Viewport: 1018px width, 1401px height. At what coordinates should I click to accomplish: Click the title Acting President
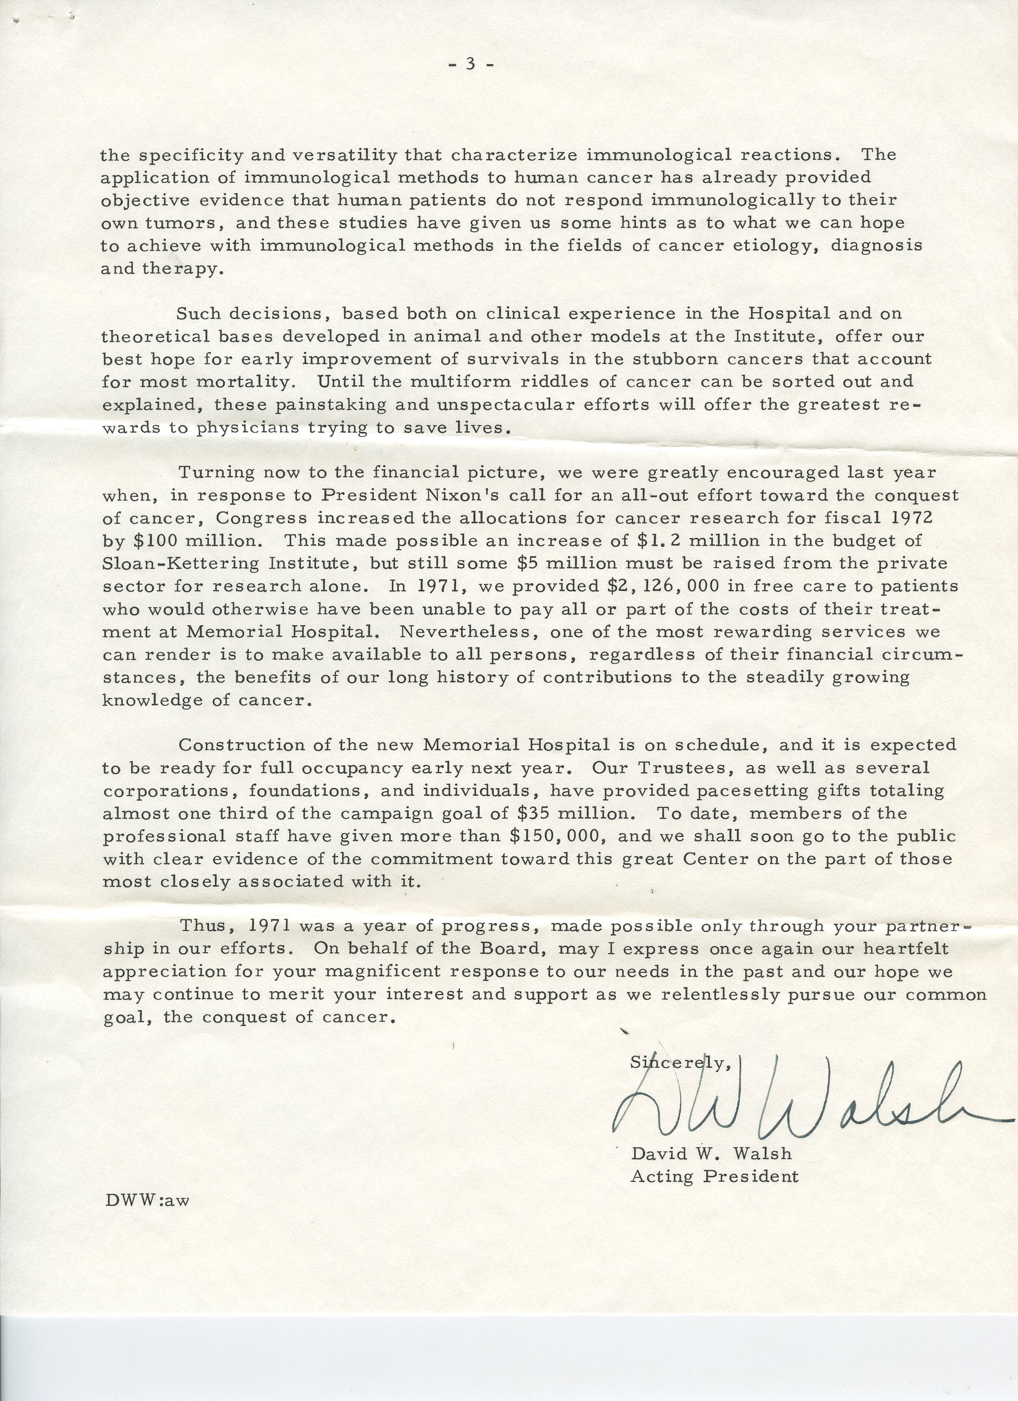(714, 1176)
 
